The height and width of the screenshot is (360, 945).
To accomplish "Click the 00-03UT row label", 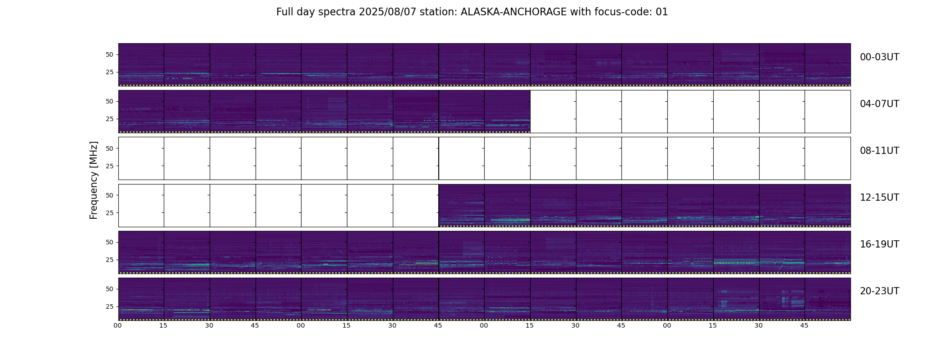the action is coord(879,57).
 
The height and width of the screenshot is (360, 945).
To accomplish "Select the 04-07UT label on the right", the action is coord(879,104).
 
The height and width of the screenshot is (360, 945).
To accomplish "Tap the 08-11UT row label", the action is coord(879,151).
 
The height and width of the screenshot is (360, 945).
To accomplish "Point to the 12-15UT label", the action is coord(879,198).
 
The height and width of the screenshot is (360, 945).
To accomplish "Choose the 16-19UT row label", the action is coord(879,244).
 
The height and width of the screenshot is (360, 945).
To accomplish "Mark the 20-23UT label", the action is coord(879,291).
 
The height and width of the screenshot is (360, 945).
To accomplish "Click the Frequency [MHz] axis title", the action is coord(94,180).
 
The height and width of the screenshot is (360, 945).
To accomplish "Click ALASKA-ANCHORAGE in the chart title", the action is coord(513,12).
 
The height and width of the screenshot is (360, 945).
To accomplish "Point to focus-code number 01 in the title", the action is coord(662,12).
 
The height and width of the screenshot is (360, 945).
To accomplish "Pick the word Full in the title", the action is coord(285,12).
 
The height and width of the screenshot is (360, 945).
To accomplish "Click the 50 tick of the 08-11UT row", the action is coord(109,148).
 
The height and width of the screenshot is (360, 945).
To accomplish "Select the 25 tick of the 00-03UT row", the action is coord(109,72).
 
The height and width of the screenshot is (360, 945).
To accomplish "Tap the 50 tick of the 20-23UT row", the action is coord(109,289).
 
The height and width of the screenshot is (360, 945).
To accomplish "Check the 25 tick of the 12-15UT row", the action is coord(109,213).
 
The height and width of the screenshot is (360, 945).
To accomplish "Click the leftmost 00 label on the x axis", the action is coord(118,325).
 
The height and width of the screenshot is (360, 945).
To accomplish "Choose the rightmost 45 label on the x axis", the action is coord(805,325).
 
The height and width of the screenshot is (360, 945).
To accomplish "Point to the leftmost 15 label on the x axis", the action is coord(163,325).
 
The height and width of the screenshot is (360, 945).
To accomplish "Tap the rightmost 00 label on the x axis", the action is coord(667,325).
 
